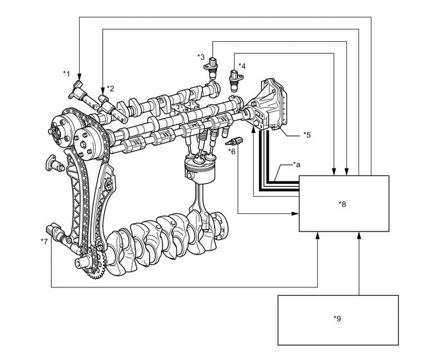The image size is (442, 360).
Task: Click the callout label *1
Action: pos(66,74)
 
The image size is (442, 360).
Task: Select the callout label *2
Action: pos(110,88)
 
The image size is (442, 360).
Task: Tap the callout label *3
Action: pos(201,57)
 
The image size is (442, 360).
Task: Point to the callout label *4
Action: pos(242,66)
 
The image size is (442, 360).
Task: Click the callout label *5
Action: pos(306,135)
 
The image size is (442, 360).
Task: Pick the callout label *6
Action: pos(232,151)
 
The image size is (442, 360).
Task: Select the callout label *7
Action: pos(44,241)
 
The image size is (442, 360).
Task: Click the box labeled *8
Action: pos(342,204)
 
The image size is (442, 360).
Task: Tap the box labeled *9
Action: pos(337,319)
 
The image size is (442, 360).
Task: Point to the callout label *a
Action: pos(296,165)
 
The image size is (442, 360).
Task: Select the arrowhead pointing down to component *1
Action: pos(78,73)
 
